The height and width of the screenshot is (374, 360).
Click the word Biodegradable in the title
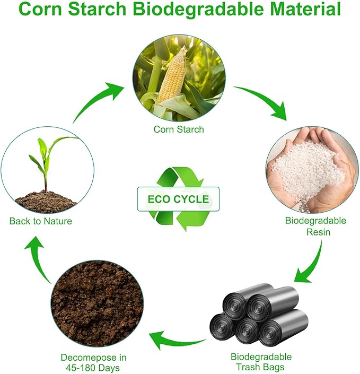point(198,10)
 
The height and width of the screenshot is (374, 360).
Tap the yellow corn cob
point(173,74)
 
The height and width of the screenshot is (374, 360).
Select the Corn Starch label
point(179,129)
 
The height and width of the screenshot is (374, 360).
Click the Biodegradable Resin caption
point(315,226)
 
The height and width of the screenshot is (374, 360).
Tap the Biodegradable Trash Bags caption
point(261,362)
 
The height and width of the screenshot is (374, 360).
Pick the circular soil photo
point(97,304)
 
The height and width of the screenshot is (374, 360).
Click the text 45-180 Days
point(93,368)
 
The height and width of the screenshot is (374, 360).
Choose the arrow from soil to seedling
point(38,259)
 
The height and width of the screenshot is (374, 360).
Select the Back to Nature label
point(40,221)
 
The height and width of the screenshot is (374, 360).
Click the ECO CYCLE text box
point(178,199)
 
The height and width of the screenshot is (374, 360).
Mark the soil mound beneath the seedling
point(46,202)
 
